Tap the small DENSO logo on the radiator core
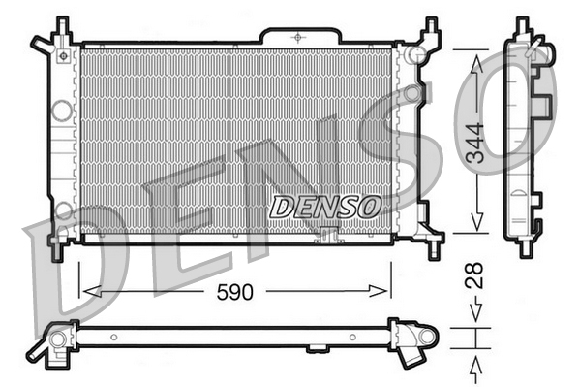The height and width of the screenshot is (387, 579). pos(324,207)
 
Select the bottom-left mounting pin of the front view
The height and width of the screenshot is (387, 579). pos(57,249)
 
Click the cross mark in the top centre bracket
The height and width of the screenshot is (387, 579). pos(297,35)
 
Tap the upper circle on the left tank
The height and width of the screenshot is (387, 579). pos(62,111)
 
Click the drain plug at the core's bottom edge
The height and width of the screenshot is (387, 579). pos(328,234)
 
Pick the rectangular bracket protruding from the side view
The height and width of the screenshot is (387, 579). pos(543,104)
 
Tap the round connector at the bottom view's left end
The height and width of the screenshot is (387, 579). pos(57,339)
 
